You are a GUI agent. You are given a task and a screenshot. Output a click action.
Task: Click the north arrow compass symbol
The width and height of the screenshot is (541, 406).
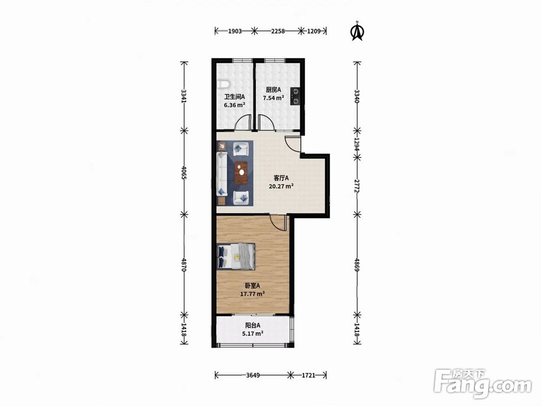coord(357,31)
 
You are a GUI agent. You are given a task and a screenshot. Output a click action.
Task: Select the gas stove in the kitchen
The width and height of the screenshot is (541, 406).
coord(295,96)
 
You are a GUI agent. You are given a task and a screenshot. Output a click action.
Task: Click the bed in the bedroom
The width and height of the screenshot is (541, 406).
coord(236,256)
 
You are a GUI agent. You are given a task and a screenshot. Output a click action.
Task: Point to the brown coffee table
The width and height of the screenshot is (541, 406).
coord(241,173)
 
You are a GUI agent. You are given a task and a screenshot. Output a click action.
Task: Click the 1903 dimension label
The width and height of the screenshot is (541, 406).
coord(235,31)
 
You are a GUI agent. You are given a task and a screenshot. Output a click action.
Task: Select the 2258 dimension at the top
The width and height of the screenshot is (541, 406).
coord(278,31)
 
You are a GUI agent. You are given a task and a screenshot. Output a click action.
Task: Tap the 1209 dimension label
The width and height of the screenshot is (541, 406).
coord(314,31)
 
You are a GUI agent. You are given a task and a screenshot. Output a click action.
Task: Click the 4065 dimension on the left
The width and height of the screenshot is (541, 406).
coord(184,173)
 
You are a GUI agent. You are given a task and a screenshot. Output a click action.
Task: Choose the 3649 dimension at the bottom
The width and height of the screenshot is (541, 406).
coord(253,375)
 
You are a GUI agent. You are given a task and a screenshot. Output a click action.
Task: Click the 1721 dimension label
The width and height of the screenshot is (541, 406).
coord(308,375)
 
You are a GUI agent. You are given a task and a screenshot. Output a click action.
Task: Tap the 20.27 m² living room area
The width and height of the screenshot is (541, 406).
coord(281,186)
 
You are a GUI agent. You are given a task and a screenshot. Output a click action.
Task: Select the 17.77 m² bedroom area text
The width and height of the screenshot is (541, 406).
coord(252,294)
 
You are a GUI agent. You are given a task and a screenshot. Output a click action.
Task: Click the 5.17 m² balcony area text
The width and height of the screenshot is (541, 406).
coord(253,333)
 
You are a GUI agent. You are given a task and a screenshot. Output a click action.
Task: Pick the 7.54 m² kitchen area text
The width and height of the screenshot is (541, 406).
coord(273,97)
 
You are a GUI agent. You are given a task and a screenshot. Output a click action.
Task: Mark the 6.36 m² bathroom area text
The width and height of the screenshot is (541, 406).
coord(235,105)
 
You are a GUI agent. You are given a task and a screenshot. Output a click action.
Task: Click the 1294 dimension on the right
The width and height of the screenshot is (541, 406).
coord(357,143)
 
